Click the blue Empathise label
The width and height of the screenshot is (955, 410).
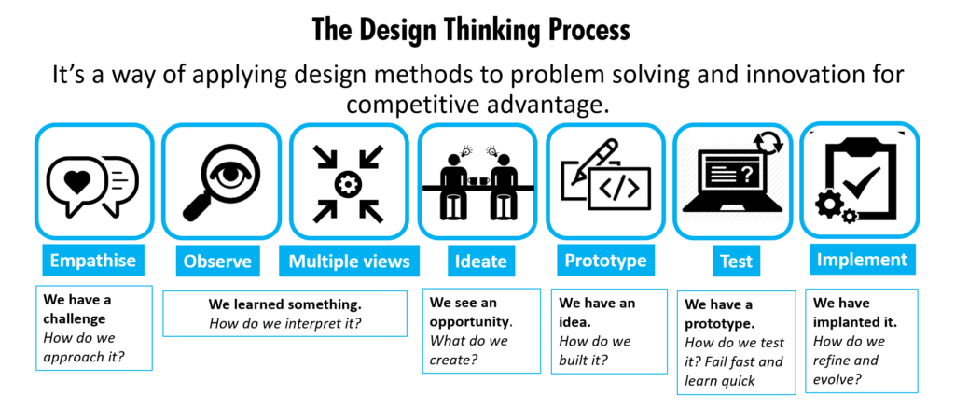tap(93, 261)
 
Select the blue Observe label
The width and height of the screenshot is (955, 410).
tap(217, 262)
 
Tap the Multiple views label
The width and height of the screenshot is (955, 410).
tap(349, 262)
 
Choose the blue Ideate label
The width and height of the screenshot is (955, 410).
tap(480, 262)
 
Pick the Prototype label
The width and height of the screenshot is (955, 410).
tap(605, 261)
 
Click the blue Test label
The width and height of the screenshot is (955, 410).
tap(737, 262)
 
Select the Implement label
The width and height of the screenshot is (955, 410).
tap(862, 260)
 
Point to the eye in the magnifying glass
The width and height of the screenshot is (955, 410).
tap(231, 174)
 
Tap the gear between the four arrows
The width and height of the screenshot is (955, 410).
tap(349, 184)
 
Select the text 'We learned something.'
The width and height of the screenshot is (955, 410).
tap(284, 304)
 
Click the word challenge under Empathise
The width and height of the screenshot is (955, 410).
tap(75, 318)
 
